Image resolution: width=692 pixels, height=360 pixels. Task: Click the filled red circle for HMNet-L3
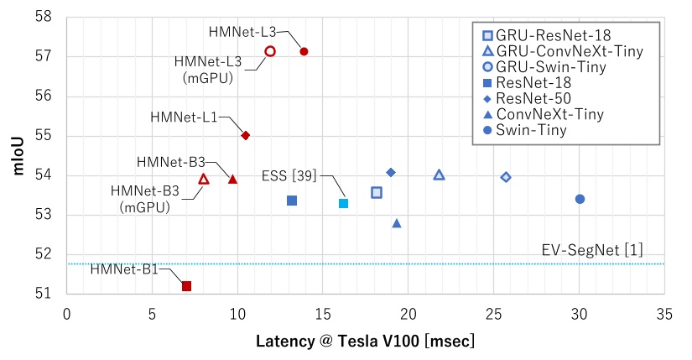click(304, 51)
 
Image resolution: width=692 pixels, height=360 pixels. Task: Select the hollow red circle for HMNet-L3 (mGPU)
click(270, 51)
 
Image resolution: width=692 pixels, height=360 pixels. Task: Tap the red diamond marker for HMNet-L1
click(246, 135)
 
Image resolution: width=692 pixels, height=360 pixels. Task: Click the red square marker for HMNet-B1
click(186, 286)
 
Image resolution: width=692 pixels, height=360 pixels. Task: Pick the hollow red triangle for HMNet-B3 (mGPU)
click(204, 179)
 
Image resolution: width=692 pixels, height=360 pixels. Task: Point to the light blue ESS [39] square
click(343, 203)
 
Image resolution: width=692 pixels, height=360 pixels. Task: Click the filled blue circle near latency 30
click(580, 199)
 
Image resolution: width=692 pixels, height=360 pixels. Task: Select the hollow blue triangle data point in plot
click(439, 175)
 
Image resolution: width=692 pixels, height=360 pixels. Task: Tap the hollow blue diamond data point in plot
click(506, 177)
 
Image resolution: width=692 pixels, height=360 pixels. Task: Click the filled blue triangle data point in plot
click(397, 223)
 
